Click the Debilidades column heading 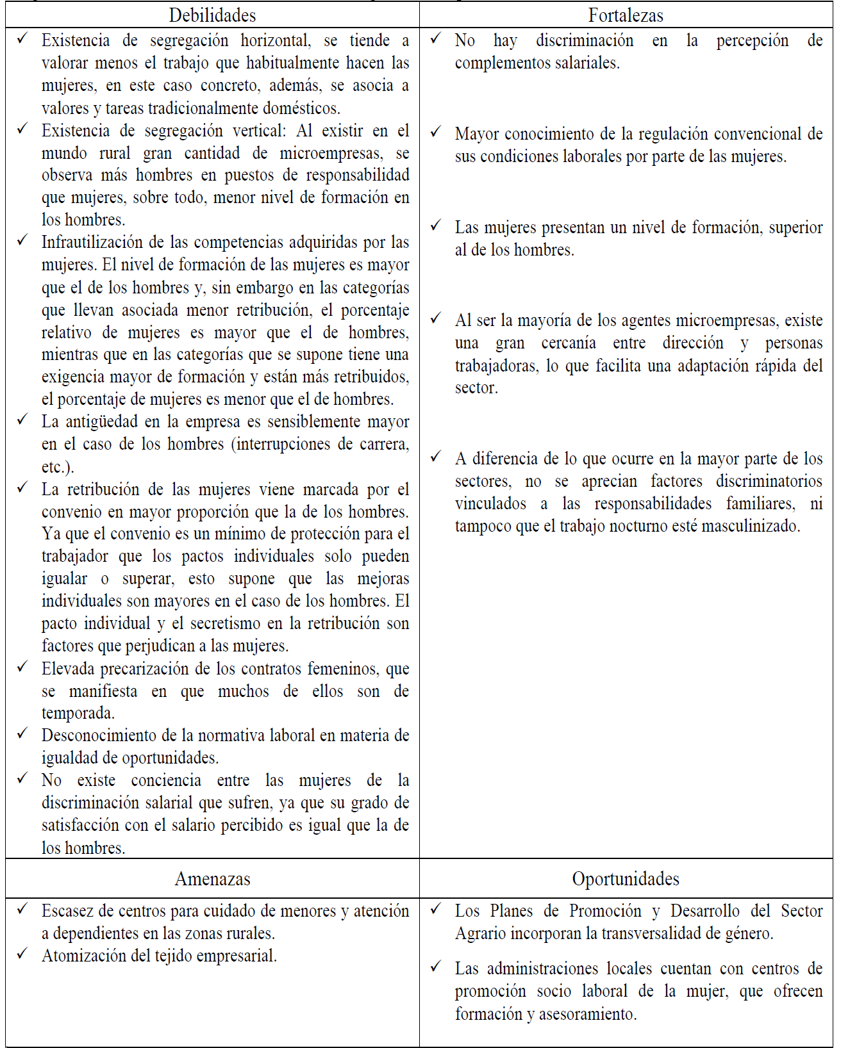click(212, 15)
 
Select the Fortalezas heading click(626, 15)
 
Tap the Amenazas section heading click(212, 879)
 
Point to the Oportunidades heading click(626, 879)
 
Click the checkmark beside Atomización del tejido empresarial click(22, 954)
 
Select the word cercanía click(568, 343)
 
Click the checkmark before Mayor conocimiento click(436, 132)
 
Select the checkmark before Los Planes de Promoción click(436, 909)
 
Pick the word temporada click(78, 714)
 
